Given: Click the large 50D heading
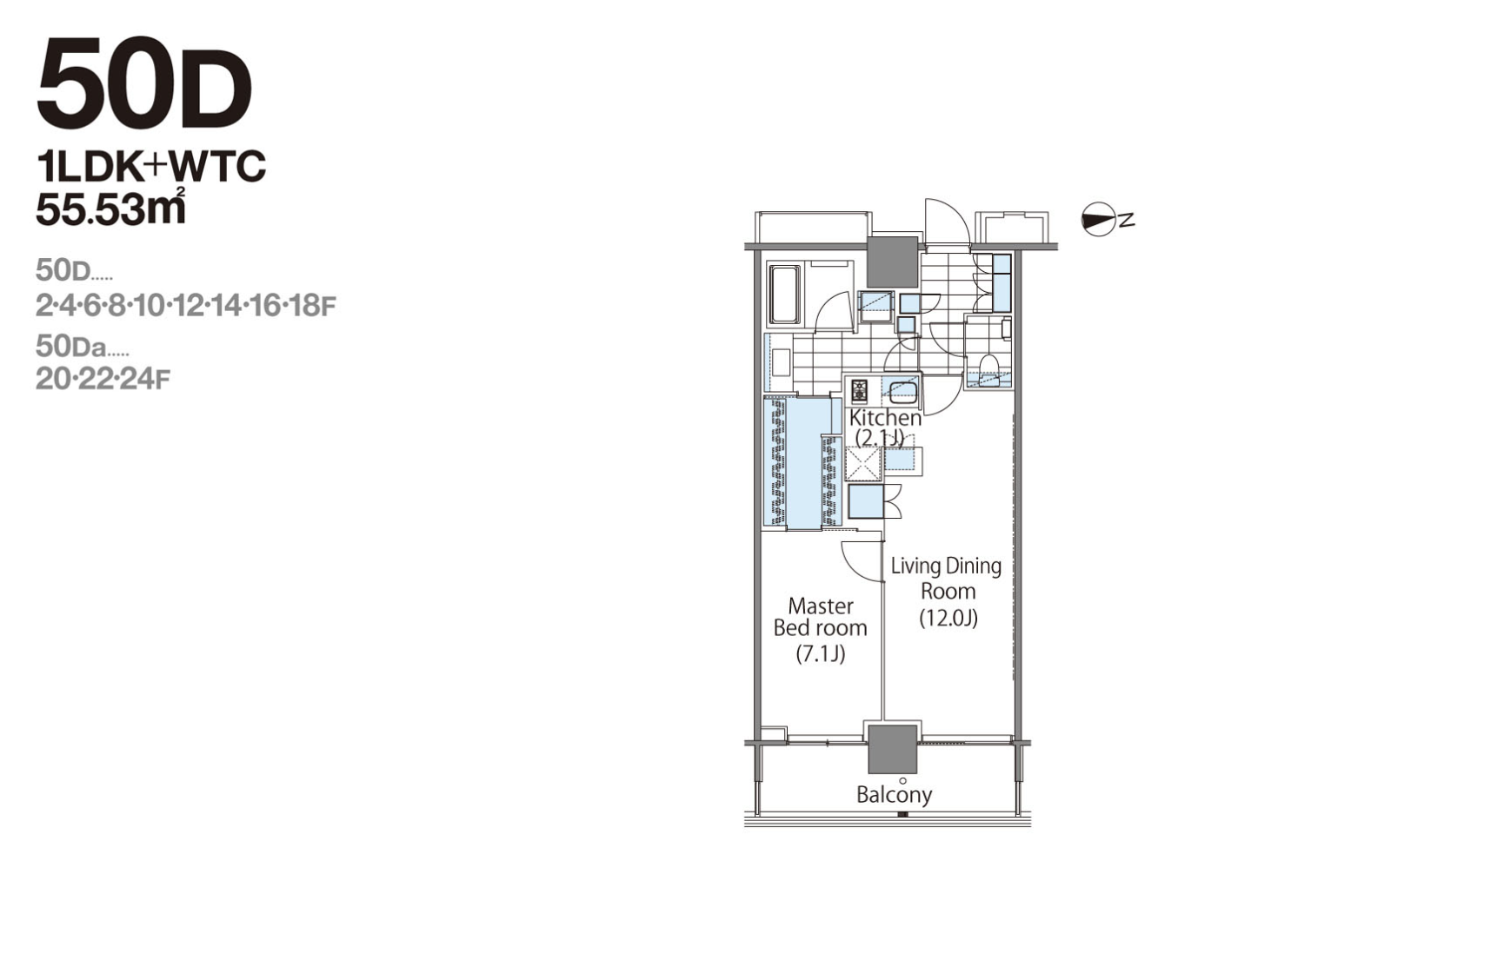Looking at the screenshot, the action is coord(143,84).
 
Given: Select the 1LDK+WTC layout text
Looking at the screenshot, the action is coord(150,166).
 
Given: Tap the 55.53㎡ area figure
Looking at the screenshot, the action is coord(111,209).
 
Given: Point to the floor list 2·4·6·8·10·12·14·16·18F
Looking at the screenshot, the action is coord(185,306).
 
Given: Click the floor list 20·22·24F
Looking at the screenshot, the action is coord(103,380).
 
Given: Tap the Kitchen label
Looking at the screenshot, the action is coord(885,418).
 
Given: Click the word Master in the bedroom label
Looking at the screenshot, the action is coord(821,606).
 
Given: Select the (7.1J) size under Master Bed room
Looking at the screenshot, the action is coord(821,653).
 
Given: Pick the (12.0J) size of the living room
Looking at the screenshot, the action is coord(948,618).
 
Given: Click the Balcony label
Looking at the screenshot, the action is coord(894,794).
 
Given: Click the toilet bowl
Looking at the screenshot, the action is coord(989,364).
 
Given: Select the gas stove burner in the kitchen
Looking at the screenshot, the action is coord(859,391).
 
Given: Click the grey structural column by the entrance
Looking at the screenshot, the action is coord(893,262).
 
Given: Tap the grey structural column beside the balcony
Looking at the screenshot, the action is coord(892,749).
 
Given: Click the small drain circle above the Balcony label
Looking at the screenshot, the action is coord(902,780).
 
